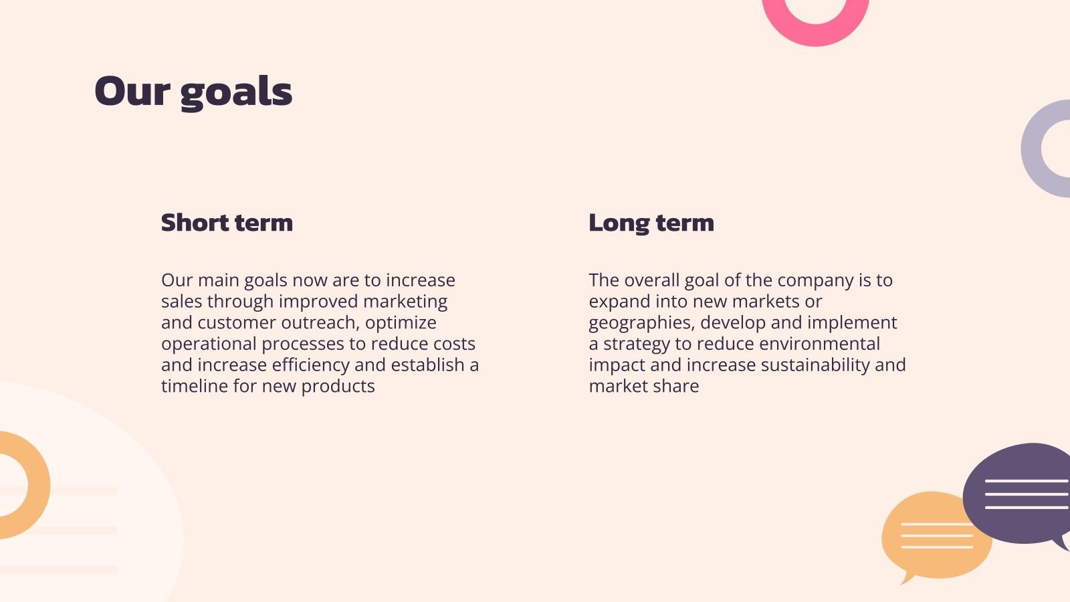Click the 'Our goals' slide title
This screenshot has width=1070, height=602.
tap(193, 92)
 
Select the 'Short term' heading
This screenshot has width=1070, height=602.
tap(227, 223)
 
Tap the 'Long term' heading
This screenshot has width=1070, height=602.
tap(651, 223)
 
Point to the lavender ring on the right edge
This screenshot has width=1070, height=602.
tap(1031, 148)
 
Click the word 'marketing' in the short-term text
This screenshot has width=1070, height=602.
tap(405, 302)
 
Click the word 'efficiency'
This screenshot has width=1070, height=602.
tap(310, 365)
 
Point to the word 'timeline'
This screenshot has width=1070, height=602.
tap(194, 386)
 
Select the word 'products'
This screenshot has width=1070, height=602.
tap(338, 387)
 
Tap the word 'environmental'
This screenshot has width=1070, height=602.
tap(819, 344)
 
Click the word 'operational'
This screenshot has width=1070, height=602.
tap(208, 344)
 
